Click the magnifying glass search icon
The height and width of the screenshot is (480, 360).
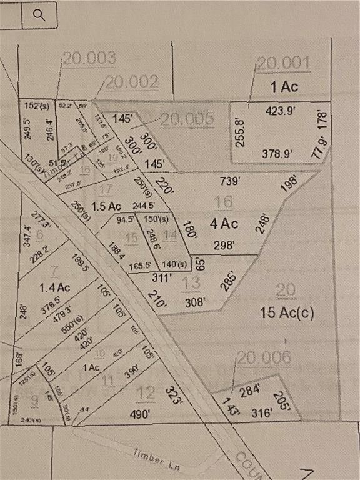tap(39, 15)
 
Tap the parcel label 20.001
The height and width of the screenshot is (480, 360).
tap(283, 63)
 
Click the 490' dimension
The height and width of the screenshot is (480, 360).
tap(140, 414)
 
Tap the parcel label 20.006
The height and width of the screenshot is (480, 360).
tap(264, 358)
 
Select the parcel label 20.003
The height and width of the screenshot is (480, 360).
tap(89, 59)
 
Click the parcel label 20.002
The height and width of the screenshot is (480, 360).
tap(131, 82)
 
